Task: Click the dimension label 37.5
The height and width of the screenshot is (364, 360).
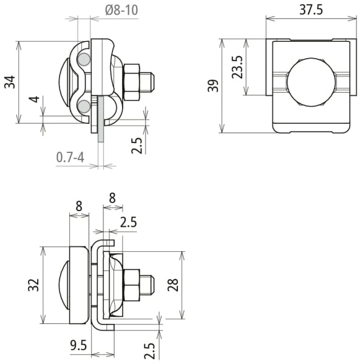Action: [x=311, y=10]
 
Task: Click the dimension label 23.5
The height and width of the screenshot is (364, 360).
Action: [x=237, y=67]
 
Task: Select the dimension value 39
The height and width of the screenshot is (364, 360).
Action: [x=213, y=86]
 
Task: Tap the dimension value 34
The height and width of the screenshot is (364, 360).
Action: [x=10, y=82]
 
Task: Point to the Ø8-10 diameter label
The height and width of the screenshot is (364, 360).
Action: [x=121, y=10]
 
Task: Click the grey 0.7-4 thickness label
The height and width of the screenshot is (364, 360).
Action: [x=70, y=157]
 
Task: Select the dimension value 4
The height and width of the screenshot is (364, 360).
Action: [x=34, y=99]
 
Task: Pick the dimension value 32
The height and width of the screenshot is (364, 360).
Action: [x=33, y=285]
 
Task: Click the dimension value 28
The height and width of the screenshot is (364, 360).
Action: [x=173, y=285]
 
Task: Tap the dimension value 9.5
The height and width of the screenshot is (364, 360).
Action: [x=79, y=345]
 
